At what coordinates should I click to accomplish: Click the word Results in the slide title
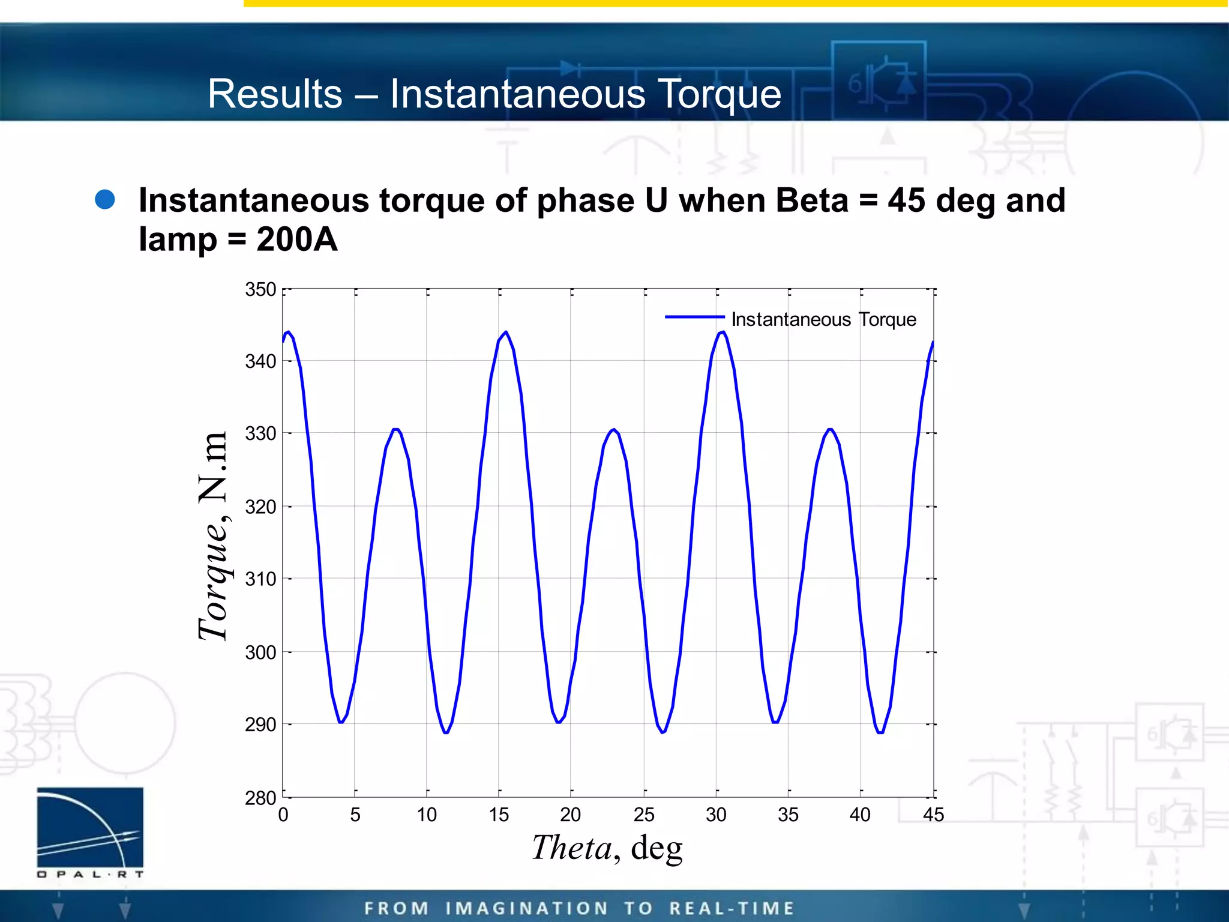click(x=275, y=94)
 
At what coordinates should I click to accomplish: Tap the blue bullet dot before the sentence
click(x=105, y=200)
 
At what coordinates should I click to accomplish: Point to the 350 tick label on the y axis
click(x=260, y=289)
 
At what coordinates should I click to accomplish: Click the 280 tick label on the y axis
click(x=260, y=798)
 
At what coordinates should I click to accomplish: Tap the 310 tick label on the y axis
click(x=260, y=579)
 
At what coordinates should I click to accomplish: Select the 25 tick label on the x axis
click(x=644, y=815)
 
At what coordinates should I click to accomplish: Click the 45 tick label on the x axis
click(x=933, y=815)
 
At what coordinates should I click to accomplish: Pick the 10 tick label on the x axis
click(x=427, y=815)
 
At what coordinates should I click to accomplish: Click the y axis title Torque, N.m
click(x=213, y=535)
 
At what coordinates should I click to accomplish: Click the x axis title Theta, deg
click(x=607, y=848)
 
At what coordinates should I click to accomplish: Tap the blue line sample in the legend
click(x=694, y=317)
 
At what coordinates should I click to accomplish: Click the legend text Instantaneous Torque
click(x=823, y=319)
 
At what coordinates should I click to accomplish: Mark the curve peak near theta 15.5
click(x=506, y=332)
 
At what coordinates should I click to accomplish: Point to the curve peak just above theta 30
click(x=723, y=332)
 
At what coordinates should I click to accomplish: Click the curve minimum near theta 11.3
click(x=446, y=732)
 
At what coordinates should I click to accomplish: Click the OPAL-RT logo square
click(x=90, y=827)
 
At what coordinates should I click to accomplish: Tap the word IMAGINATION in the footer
click(x=527, y=908)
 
